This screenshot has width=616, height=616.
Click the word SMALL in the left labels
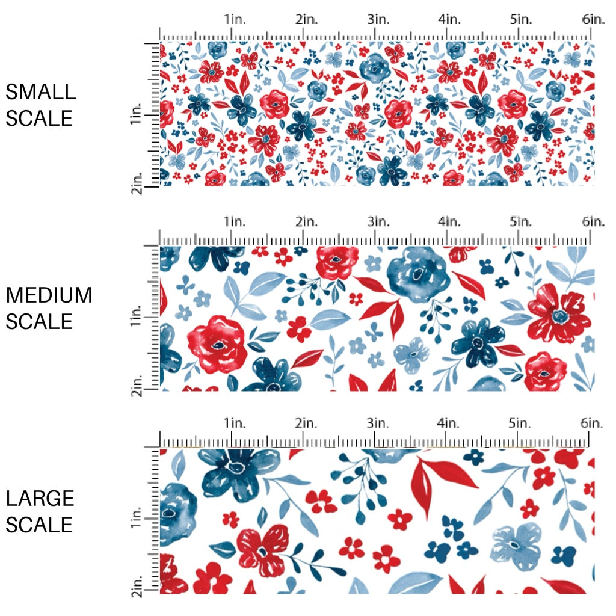pyautogui.click(x=41, y=92)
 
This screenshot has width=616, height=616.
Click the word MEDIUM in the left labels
pyautogui.click(x=49, y=295)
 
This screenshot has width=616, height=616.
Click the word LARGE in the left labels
pyautogui.click(x=40, y=499)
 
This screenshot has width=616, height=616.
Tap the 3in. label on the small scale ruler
pyautogui.click(x=378, y=19)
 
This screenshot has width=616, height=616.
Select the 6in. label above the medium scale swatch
pyautogui.click(x=593, y=221)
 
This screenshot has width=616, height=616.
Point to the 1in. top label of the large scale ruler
pyautogui.click(x=235, y=423)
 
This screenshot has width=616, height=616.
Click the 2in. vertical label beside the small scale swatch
pyautogui.click(x=136, y=181)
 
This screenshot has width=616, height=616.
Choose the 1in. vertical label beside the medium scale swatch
pyautogui.click(x=136, y=316)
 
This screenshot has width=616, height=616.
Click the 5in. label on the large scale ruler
pyautogui.click(x=521, y=423)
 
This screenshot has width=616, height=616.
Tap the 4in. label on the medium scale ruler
pyautogui.click(x=449, y=221)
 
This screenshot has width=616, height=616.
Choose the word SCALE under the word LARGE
pyautogui.click(x=40, y=525)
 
